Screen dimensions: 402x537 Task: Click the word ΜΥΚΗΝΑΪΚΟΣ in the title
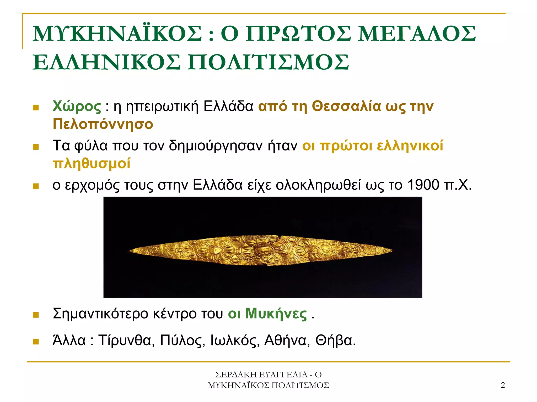click(117, 34)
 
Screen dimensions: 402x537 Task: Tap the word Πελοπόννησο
click(103, 124)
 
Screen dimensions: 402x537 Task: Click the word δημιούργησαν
click(216, 146)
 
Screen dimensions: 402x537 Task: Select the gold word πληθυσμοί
click(92, 163)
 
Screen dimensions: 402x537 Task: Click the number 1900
click(423, 185)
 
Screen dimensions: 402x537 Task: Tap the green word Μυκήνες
click(276, 314)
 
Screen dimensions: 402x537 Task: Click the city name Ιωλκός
click(235, 340)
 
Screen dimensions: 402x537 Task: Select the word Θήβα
click(335, 340)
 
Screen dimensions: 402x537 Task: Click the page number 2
click(503, 385)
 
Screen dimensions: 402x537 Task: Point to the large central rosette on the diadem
click(262, 250)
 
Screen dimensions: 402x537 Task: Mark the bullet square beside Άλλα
click(36, 341)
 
